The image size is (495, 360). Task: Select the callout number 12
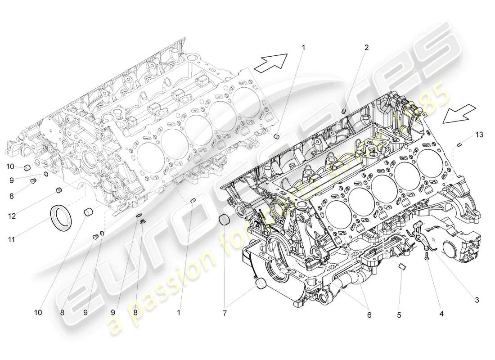(x=12, y=216)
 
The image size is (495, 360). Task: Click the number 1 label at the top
(x=303, y=47)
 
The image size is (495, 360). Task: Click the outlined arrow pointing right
(x=270, y=62)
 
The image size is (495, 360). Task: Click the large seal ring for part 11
(x=60, y=218)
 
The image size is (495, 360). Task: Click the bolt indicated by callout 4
(x=426, y=256)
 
